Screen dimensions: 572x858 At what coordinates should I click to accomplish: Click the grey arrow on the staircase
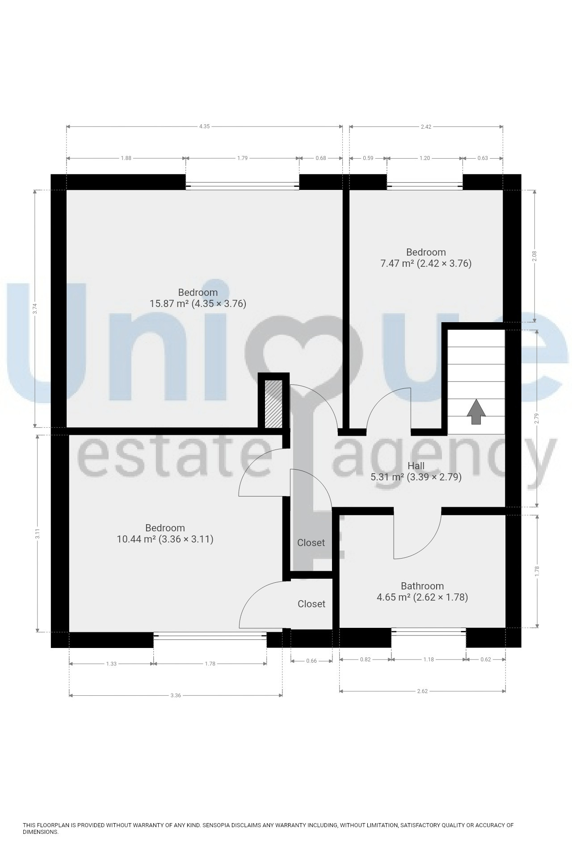pos(476,412)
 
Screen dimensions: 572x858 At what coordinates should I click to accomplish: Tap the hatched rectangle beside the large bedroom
pos(273,404)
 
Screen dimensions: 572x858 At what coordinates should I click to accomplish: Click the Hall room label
pos(416,466)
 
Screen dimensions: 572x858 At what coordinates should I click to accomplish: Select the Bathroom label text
pos(422,586)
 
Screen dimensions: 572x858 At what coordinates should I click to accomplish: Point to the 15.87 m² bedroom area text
pos(198,304)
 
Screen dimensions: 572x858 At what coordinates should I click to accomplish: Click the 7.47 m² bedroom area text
pos(426,264)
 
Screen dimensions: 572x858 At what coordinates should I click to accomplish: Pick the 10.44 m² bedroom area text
pos(165,539)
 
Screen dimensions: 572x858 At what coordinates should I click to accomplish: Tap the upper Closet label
pos(311,543)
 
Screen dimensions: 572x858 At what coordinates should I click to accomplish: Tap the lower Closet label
pos(311,604)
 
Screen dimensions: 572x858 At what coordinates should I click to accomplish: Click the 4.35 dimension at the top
pos(204,126)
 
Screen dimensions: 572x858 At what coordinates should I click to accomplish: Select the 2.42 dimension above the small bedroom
pos(426,126)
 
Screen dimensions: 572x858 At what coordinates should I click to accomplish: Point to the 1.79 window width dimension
pos(242,158)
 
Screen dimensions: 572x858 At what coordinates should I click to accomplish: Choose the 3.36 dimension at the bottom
pos(176,695)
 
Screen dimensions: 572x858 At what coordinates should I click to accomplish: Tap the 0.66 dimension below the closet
pos(311,661)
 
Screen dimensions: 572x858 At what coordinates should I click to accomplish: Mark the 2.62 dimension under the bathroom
pos(422,691)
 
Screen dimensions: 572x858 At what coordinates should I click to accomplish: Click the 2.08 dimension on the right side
pos(534,256)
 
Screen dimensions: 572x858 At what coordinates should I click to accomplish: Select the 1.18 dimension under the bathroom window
pos(429,659)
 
